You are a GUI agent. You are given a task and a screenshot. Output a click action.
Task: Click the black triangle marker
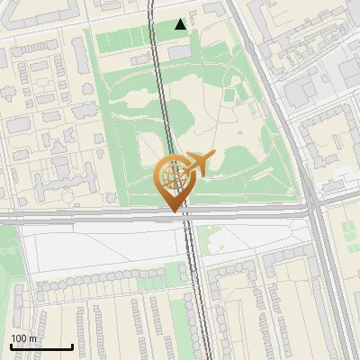coord(182,24)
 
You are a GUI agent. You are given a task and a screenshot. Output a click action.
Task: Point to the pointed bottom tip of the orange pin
coord(174,210)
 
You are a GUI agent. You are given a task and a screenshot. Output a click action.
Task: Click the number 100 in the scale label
coord(20,338)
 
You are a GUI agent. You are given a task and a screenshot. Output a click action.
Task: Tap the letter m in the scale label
coord(34,338)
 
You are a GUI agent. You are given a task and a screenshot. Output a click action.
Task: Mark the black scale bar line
coord(41,347)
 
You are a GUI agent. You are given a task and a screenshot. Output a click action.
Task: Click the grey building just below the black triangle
coord(179,51)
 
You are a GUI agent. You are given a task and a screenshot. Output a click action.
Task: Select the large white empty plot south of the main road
coord(99,247)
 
